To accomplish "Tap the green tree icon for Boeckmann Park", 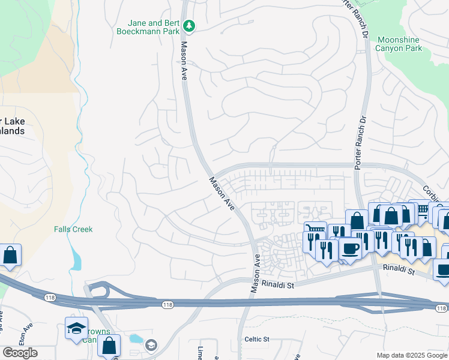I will [x=190, y=25].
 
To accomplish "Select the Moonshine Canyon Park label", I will [x=398, y=44].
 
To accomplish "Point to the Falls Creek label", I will [x=73, y=229].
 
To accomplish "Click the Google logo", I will [x=20, y=353].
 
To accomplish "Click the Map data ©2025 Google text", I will [x=411, y=355].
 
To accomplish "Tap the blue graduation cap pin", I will [x=76, y=328].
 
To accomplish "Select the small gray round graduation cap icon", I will [x=151, y=345].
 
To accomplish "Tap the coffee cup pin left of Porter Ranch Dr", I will [x=349, y=248].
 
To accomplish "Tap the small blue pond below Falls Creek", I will [x=76, y=259].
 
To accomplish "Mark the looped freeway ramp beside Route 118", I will [x=100, y=289].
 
